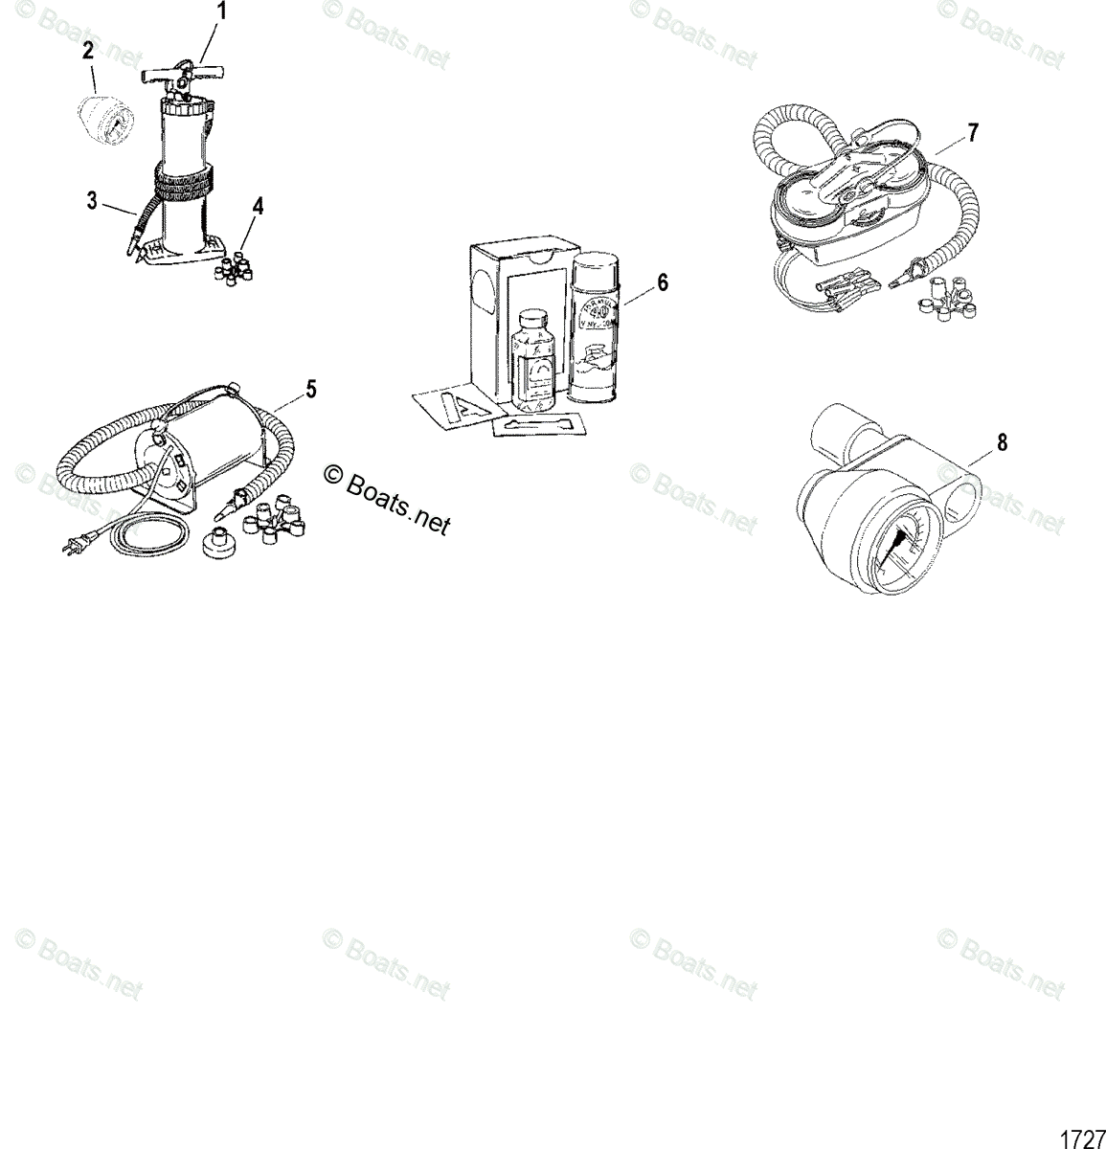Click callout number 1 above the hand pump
click(x=222, y=12)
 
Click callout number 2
click(x=87, y=52)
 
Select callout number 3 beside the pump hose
click(x=92, y=200)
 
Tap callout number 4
click(x=257, y=206)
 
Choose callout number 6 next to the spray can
click(x=663, y=282)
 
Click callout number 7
click(x=973, y=133)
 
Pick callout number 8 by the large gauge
click(x=1002, y=442)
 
